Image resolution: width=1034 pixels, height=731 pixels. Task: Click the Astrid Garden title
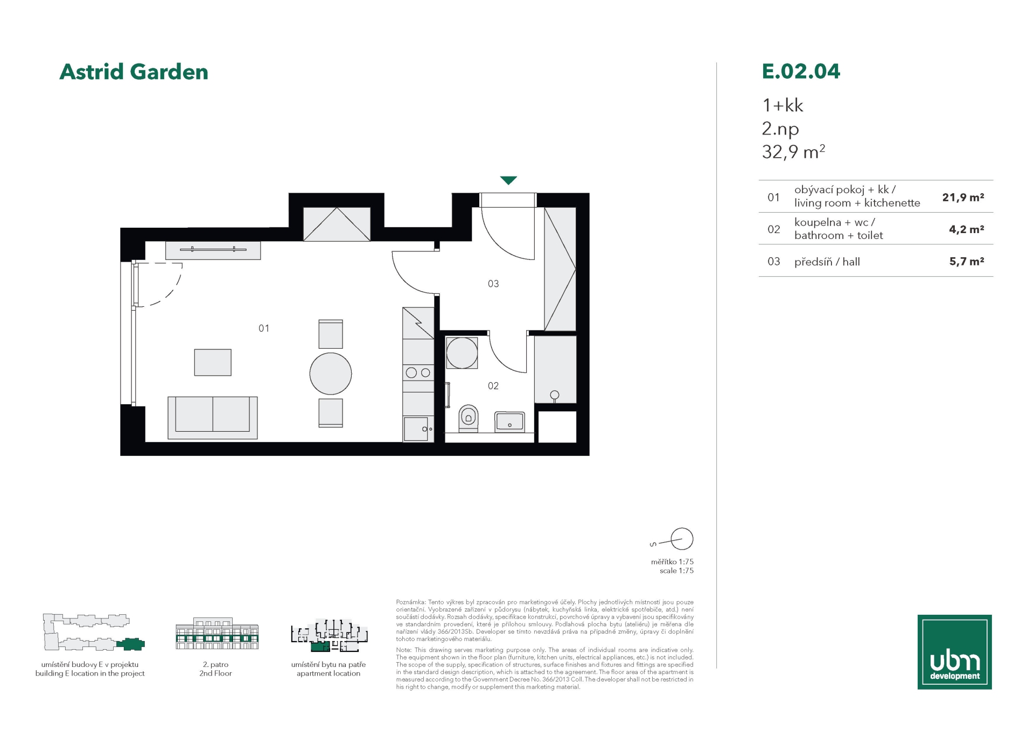coord(134,72)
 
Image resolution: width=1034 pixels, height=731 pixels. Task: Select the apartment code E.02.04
coord(801,71)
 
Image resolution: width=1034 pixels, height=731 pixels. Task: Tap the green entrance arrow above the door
coord(508,180)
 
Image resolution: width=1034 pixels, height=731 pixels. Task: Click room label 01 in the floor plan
coord(264,328)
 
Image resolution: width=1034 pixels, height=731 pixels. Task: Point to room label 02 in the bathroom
coord(493,386)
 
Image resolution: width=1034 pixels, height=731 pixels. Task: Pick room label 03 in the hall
coord(493,284)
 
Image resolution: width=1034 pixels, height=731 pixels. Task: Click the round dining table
coord(331,374)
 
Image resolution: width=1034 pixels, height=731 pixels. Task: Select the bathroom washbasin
coord(509,421)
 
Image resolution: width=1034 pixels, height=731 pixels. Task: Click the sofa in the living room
coord(213,417)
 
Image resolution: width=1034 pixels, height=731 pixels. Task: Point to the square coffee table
coord(213,362)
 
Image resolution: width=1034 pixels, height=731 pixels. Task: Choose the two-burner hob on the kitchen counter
coord(418,372)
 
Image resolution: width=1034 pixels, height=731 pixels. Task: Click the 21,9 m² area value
coord(963,197)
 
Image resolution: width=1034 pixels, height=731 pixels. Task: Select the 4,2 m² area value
coord(967,229)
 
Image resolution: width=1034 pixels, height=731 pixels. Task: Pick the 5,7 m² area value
coord(967,262)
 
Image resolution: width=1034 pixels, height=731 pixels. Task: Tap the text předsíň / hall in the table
coord(827,262)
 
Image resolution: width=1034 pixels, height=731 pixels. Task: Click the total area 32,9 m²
coord(793,152)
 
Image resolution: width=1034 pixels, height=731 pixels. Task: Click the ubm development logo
coord(955,652)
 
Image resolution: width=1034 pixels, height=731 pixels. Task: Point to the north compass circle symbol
coord(682,539)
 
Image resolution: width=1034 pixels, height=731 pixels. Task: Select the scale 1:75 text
coord(676,571)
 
